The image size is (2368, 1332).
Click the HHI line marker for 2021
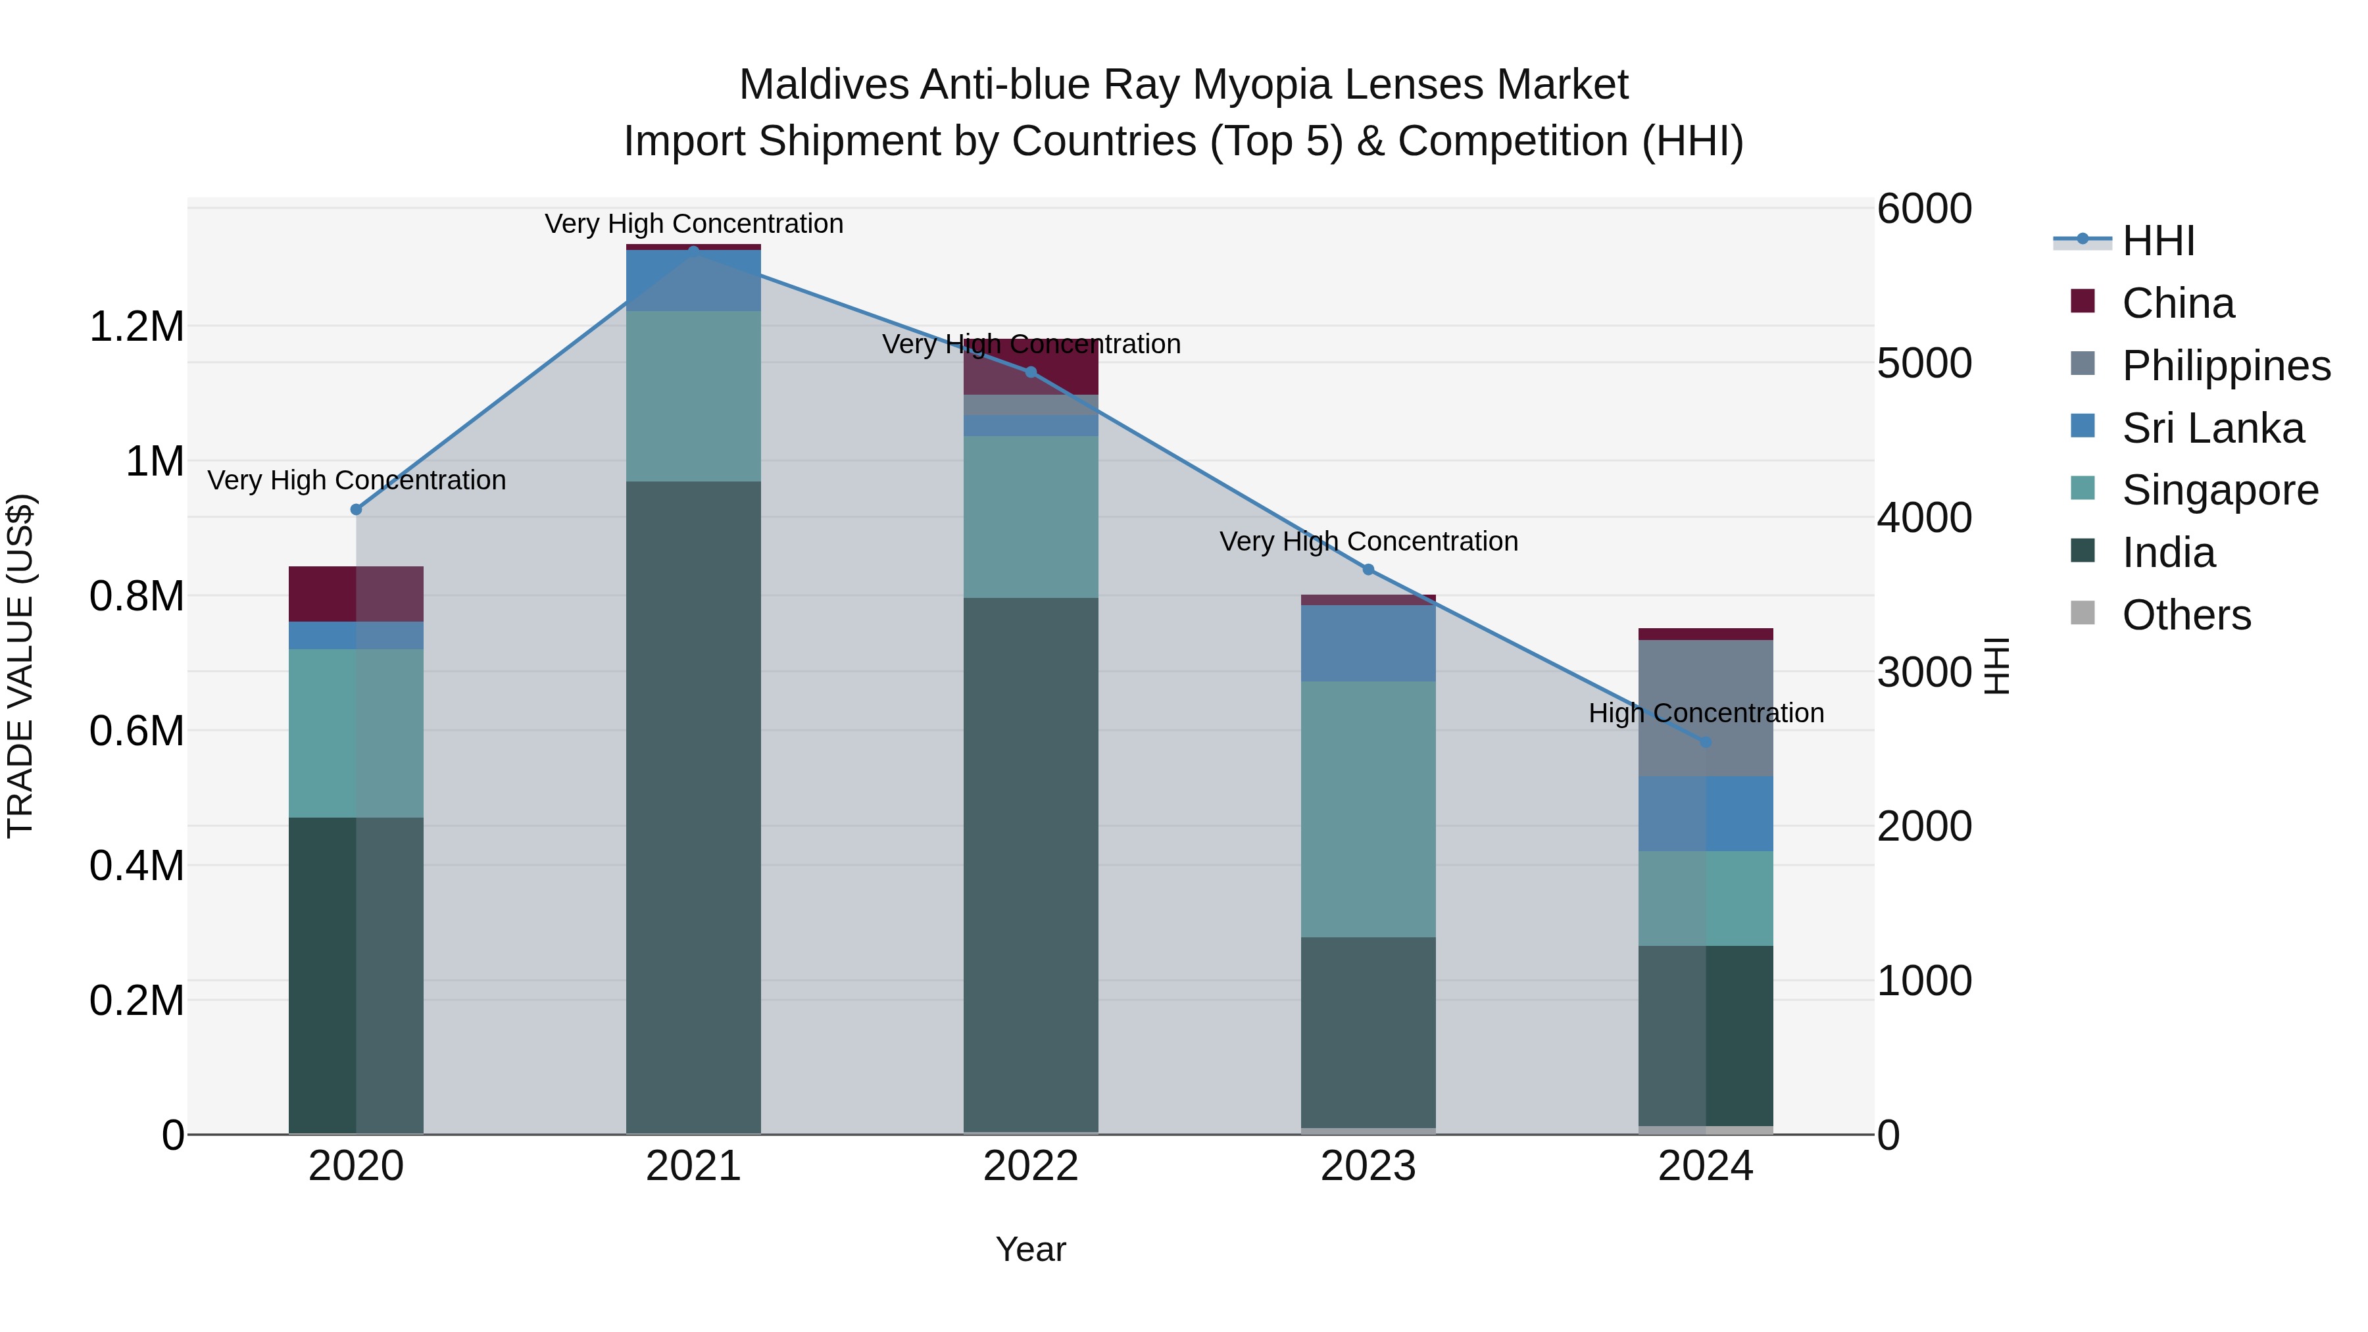pos(693,250)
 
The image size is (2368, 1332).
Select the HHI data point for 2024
pos(1705,742)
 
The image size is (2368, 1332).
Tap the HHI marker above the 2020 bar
pos(357,509)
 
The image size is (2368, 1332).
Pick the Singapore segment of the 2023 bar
pos(1368,809)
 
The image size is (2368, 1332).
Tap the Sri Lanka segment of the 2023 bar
pos(1368,643)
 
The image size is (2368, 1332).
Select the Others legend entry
pos(2186,615)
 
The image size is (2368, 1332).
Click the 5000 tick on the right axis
pos(1924,363)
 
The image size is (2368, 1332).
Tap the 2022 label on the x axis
pos(1031,1166)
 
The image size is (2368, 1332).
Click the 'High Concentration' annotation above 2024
pos(1705,713)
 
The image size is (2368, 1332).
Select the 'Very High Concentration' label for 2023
pos(1368,541)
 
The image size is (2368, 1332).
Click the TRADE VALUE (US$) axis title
pos(20,666)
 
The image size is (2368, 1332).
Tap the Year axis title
pos(1031,1249)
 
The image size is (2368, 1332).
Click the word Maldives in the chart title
pos(824,86)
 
